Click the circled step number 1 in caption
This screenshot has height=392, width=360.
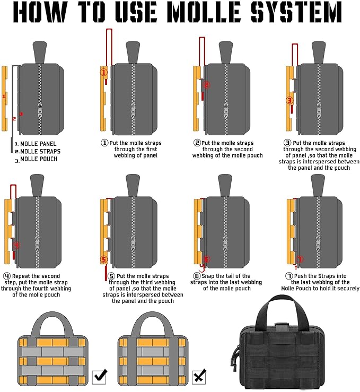[x=105, y=143]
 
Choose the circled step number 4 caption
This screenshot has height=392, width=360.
[x=6, y=276]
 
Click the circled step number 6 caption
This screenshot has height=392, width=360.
[x=197, y=276]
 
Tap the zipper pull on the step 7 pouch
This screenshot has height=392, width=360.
[x=317, y=243]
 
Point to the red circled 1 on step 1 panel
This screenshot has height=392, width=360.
[x=104, y=72]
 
